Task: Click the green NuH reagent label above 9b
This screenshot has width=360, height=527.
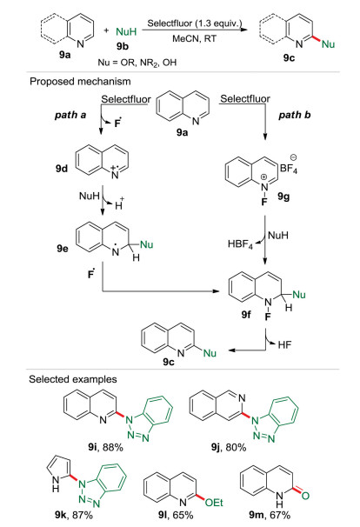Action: point(126,31)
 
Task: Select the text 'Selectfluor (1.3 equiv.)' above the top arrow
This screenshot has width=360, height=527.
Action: point(195,23)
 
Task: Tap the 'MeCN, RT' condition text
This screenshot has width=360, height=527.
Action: point(194,38)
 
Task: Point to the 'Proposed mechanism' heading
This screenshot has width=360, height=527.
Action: point(80,82)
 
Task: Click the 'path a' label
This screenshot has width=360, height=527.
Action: point(70,115)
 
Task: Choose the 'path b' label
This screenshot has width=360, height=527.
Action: point(295,115)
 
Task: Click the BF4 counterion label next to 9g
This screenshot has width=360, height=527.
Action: point(289,168)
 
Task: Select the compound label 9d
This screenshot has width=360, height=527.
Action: point(62,169)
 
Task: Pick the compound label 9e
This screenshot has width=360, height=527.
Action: point(63,249)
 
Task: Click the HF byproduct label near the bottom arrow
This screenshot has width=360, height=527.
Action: point(284,344)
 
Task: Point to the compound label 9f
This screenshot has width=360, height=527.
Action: point(246,314)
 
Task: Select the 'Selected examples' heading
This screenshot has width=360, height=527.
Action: point(73,379)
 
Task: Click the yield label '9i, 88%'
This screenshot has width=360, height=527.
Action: point(105,447)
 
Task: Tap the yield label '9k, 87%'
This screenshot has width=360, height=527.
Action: point(74,515)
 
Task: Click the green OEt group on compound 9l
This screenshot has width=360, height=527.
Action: point(214,503)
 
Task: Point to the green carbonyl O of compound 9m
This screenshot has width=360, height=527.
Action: point(305,496)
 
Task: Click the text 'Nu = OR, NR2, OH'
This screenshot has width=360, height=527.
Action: point(137,63)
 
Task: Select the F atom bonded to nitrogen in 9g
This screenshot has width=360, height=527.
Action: point(264,202)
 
